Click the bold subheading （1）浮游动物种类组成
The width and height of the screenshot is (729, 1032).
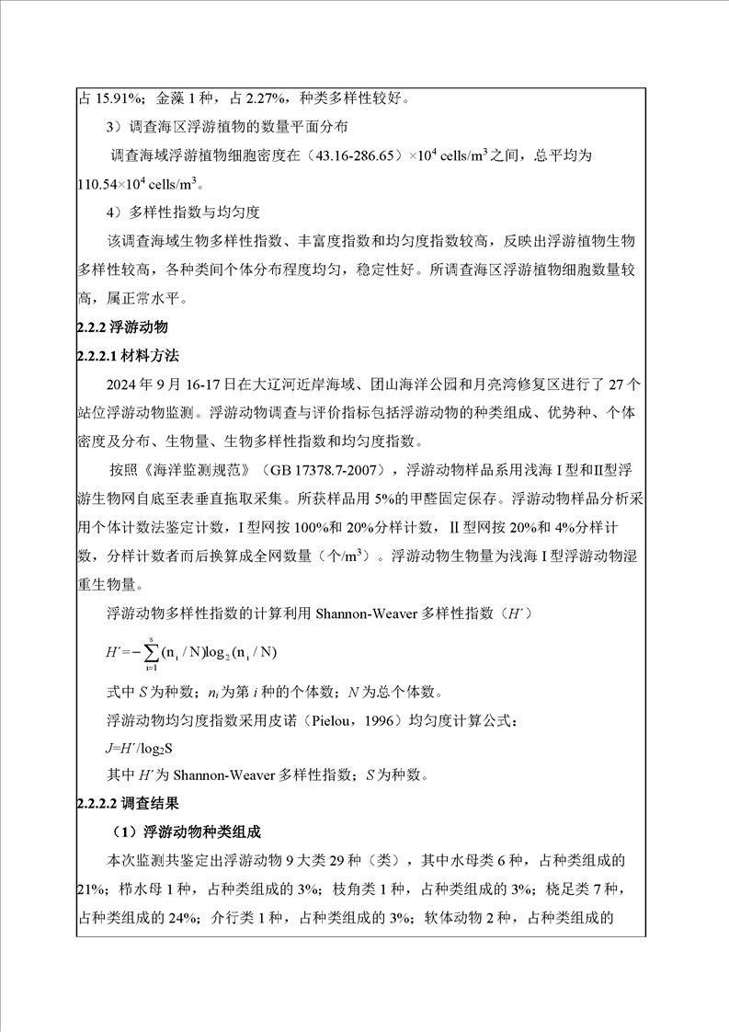click(x=185, y=832)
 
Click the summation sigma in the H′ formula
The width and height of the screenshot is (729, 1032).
click(x=150, y=651)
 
